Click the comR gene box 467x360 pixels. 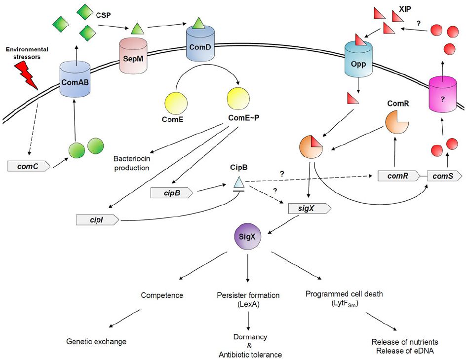pos(398,176)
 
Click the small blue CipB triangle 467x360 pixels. pos(239,184)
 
